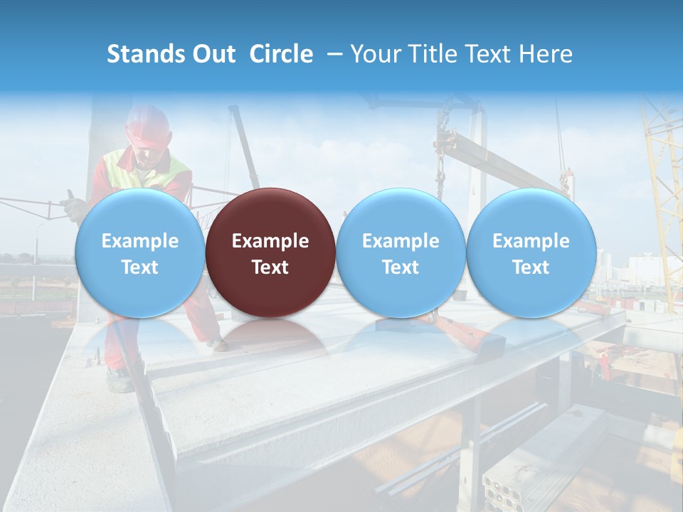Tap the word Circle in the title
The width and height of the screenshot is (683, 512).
click(281, 54)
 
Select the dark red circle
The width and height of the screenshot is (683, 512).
click(270, 252)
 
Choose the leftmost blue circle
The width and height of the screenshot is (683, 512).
click(139, 252)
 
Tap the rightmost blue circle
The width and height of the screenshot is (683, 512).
click(531, 252)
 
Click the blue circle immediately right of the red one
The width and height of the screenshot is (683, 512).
click(401, 252)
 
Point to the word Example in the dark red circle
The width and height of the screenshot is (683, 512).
click(270, 241)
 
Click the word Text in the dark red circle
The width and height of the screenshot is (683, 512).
click(270, 267)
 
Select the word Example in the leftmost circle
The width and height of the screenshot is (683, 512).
click(139, 241)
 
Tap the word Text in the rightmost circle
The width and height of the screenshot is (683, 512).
click(531, 267)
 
